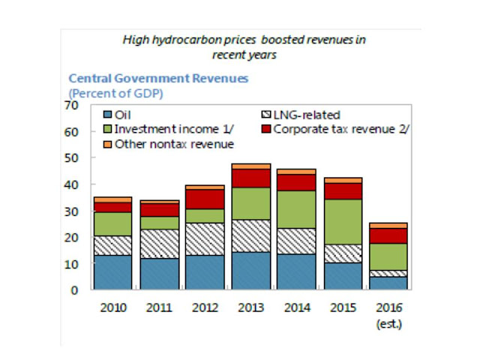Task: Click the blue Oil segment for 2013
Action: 251,271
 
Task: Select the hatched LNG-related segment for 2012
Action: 205,238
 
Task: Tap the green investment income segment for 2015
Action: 343,221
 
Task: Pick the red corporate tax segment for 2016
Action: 388,235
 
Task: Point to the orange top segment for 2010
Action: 112,199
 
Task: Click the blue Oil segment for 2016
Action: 388,283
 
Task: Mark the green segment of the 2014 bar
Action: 297,209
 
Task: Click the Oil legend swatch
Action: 109,115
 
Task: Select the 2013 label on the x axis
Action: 251,307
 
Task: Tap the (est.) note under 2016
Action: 388,325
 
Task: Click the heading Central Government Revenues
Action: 158,78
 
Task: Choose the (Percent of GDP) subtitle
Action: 116,92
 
